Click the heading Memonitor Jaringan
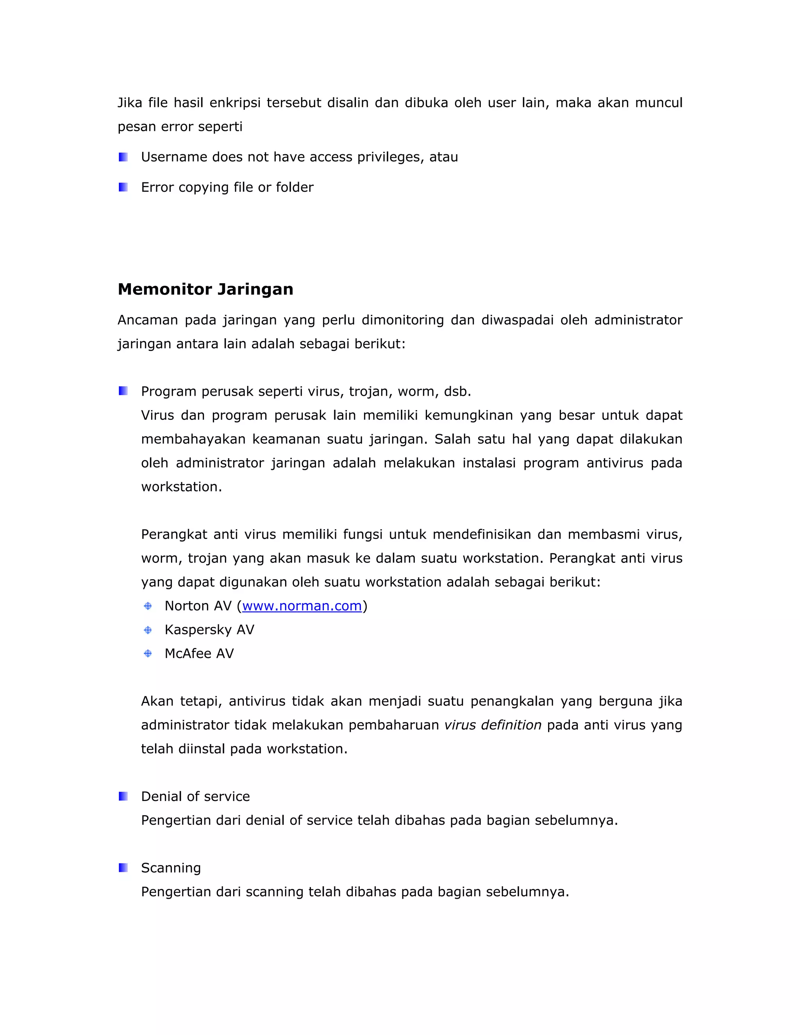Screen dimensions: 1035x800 point(205,289)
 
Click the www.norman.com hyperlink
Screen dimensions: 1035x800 point(302,606)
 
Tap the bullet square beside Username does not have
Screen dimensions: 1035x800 point(123,157)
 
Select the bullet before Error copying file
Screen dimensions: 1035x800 point(123,187)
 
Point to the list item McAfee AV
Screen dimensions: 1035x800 point(199,653)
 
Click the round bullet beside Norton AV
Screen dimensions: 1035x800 point(148,606)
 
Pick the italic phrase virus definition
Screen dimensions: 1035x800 point(493,725)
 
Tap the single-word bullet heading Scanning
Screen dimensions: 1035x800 point(171,868)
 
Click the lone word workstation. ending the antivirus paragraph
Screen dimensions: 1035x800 point(182,487)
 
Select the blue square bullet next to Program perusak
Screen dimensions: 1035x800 point(123,391)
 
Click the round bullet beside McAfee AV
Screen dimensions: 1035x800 point(148,653)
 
